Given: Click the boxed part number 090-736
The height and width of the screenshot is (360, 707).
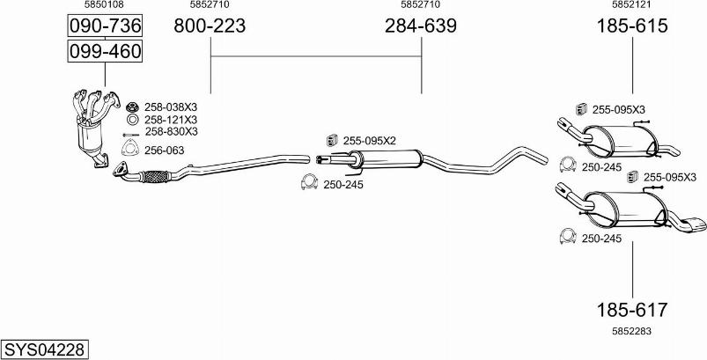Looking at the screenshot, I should [x=105, y=26].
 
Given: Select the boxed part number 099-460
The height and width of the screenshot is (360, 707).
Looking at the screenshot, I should [x=105, y=52].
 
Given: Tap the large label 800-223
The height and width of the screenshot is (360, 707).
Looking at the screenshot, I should [x=210, y=26].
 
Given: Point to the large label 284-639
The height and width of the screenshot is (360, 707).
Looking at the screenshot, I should [x=421, y=26].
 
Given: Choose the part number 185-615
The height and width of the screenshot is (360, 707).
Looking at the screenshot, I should [x=632, y=26].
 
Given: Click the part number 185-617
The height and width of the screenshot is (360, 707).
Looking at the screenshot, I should [x=632, y=310].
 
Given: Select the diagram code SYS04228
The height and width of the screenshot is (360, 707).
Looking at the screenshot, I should [x=44, y=349].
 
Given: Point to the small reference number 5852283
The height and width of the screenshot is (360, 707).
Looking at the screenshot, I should [x=632, y=331].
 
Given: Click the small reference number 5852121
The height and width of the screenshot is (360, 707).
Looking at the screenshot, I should [x=632, y=5].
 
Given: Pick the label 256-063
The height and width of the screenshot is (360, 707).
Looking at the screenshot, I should [x=164, y=150].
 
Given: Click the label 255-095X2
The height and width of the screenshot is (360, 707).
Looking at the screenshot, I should [x=370, y=140].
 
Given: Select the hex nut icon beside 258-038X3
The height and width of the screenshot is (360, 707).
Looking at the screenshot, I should [x=131, y=107].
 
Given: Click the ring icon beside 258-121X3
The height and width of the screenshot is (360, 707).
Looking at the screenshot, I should [x=131, y=119].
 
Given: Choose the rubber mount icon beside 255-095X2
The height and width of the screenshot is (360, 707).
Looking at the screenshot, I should [x=333, y=140].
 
